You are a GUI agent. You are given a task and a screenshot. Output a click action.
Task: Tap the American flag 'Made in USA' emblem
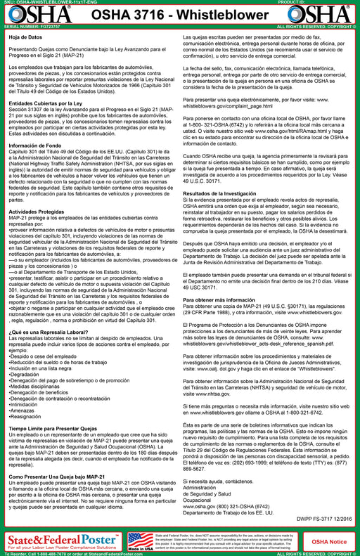144,541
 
